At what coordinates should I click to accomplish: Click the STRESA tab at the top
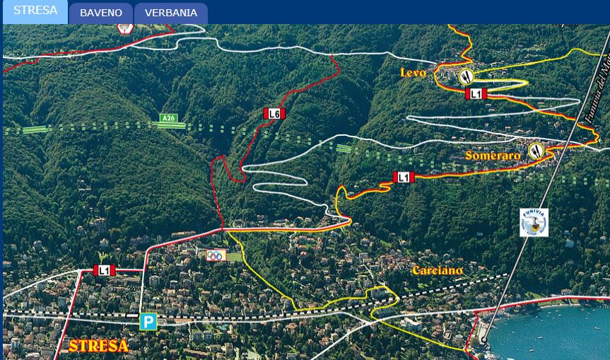click(35, 11)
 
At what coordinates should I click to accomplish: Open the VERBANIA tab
click(171, 13)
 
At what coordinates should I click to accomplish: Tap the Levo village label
click(414, 73)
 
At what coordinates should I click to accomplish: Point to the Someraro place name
click(493, 155)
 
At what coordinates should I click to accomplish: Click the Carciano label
click(438, 270)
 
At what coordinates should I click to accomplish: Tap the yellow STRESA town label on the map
click(98, 347)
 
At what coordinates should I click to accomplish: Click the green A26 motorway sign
click(168, 118)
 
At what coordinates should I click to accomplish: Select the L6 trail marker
click(274, 113)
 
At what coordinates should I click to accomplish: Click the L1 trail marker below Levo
click(476, 93)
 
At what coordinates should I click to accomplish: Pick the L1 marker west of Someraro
click(404, 178)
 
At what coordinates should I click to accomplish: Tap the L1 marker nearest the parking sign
click(104, 270)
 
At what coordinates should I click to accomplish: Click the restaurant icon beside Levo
click(466, 76)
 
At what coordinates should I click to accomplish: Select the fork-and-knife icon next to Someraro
click(536, 150)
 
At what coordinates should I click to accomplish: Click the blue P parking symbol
click(148, 322)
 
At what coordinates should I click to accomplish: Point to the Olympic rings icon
click(216, 255)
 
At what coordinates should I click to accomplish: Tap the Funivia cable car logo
click(534, 222)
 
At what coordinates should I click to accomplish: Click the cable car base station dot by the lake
click(484, 340)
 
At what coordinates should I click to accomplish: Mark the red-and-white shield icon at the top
click(125, 28)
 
